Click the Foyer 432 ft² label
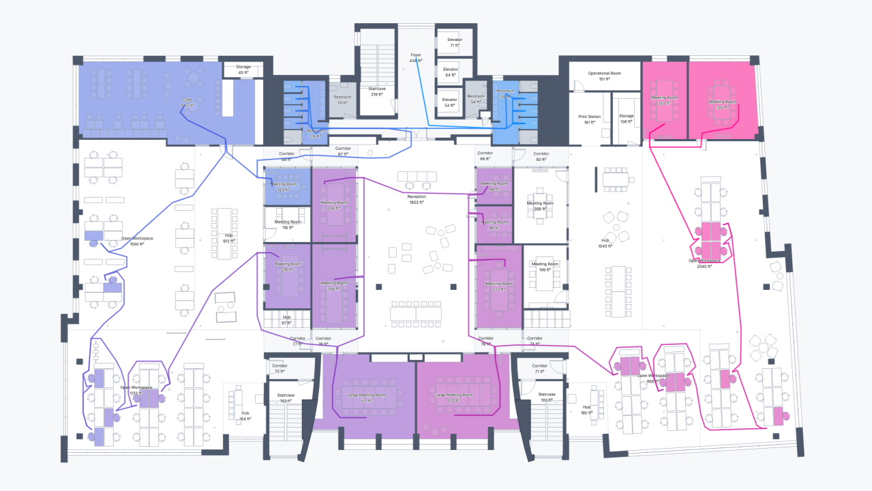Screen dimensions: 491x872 click(x=416, y=57)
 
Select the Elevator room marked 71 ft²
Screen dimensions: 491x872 click(x=455, y=42)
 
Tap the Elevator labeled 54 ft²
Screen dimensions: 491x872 click(x=450, y=102)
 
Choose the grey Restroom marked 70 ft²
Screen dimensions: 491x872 click(x=342, y=100)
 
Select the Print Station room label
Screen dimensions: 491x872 click(x=589, y=119)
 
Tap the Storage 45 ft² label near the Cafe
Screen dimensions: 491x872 click(x=243, y=70)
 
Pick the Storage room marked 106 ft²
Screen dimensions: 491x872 click(x=627, y=119)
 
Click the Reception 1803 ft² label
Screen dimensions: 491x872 click(x=417, y=199)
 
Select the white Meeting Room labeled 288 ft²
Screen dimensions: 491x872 click(x=539, y=206)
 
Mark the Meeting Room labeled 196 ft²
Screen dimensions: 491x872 click(x=544, y=267)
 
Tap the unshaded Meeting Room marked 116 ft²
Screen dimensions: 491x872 click(x=287, y=224)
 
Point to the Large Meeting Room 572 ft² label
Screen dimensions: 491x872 click(x=454, y=398)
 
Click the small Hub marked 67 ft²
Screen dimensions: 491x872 click(x=286, y=320)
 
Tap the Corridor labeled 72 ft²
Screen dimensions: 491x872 click(x=280, y=368)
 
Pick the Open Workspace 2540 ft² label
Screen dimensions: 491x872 click(x=704, y=263)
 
